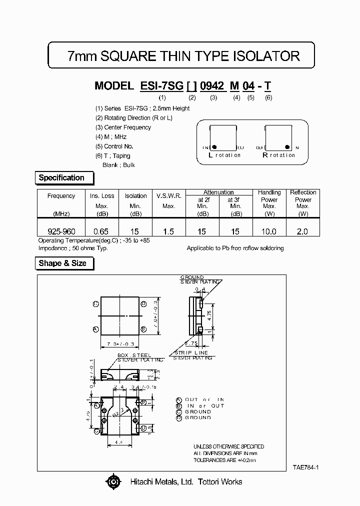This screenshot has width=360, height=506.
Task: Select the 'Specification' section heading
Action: (x=61, y=177)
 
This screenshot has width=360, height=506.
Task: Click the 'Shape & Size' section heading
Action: (x=62, y=263)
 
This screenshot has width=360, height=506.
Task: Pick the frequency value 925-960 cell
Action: (x=61, y=231)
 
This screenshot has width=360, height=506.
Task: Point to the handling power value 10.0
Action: (x=269, y=231)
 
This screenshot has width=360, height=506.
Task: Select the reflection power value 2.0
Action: (x=302, y=231)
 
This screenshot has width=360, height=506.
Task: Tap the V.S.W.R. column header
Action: (x=168, y=196)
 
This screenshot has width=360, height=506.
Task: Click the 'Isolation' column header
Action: (x=135, y=196)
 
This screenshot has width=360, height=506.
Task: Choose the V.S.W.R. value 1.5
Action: (x=168, y=231)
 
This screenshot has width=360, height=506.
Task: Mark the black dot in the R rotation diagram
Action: (x=287, y=147)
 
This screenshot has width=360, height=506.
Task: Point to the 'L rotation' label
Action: (x=224, y=155)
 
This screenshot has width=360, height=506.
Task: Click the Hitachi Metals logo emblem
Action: (x=113, y=482)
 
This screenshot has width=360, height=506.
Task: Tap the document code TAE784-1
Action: (x=306, y=467)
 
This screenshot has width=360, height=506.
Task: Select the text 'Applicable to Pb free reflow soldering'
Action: (x=235, y=248)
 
